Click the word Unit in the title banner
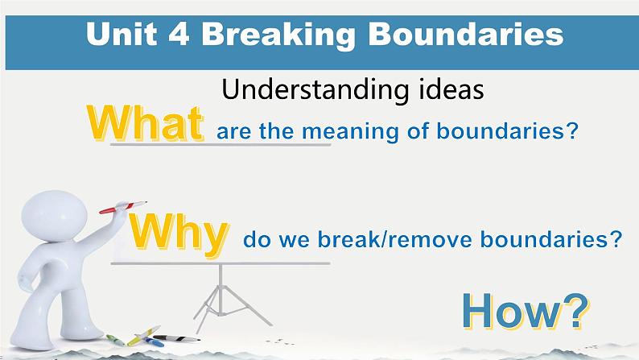tap(122, 34)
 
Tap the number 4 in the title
tap(179, 34)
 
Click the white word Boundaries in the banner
tap(466, 34)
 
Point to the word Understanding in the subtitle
tap(315, 89)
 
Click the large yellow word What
tap(145, 123)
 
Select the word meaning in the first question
tap(350, 132)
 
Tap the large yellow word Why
tap(179, 235)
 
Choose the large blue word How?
tap(526, 312)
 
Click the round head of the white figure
tap(54, 216)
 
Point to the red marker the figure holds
tap(122, 207)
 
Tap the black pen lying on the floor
tap(176, 338)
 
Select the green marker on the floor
tap(115, 340)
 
